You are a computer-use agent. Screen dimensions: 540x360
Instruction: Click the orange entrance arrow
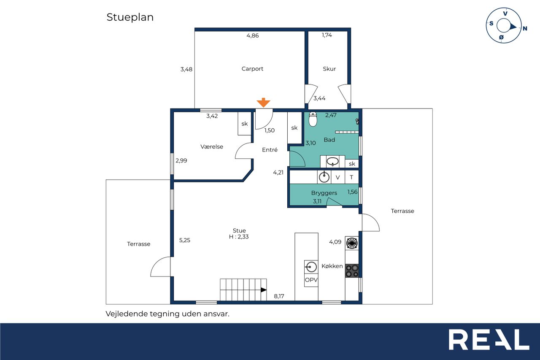263,103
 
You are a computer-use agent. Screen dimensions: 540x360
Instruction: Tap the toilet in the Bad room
313,119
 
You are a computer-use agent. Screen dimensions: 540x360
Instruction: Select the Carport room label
252,69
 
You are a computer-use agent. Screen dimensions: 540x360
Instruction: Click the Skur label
329,69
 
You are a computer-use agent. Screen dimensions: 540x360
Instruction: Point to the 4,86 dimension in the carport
252,36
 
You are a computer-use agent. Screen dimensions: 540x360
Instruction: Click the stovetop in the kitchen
352,271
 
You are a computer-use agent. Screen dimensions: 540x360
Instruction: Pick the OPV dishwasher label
311,280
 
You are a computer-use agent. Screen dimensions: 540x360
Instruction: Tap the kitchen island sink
311,267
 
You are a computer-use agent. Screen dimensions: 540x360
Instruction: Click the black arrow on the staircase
264,290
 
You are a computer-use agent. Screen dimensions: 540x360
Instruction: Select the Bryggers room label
324,193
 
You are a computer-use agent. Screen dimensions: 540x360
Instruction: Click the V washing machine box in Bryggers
338,177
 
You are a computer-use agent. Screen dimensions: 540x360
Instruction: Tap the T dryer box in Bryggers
351,177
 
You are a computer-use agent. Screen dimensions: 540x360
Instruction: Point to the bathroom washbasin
332,161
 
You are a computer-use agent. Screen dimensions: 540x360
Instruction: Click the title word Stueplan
130,17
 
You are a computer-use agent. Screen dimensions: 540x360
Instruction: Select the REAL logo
489,339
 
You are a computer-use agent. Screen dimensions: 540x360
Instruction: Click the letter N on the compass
525,28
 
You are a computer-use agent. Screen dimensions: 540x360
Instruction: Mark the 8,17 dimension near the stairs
279,296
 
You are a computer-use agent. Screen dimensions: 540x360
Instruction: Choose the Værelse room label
212,146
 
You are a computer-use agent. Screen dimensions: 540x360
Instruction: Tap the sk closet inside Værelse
244,124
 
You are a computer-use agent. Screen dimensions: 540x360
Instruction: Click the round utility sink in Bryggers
324,177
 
